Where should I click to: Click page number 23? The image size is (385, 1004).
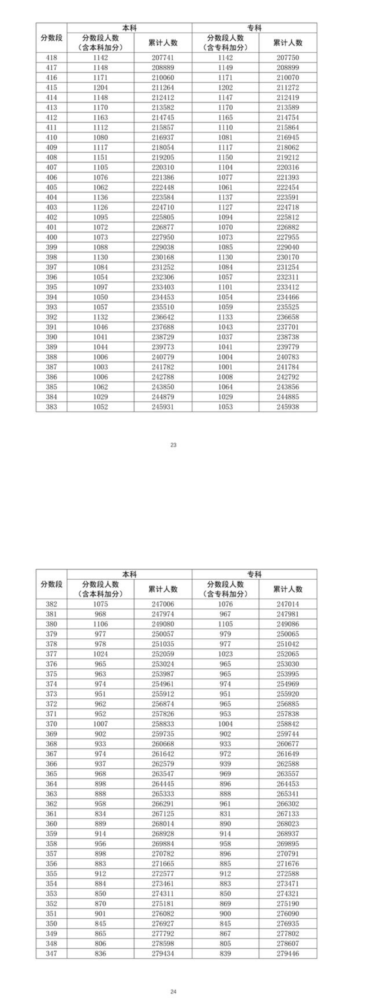(173, 445)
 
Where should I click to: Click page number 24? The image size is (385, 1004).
(173, 992)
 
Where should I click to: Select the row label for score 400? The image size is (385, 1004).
(51, 237)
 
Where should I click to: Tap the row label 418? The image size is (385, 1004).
(51, 58)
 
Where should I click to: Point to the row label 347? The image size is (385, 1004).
(51, 953)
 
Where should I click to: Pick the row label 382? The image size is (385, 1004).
(51, 604)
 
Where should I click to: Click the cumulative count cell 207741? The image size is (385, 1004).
(163, 58)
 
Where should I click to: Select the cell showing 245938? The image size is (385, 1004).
(288, 407)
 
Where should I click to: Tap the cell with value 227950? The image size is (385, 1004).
(163, 237)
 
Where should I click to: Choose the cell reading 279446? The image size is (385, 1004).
(288, 953)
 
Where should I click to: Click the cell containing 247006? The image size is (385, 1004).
(163, 604)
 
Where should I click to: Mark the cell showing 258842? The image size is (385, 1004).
(288, 724)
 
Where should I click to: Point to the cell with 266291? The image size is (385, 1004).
(163, 804)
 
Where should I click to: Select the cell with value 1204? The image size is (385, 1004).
(101, 88)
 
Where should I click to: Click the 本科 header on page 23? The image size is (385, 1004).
(130, 28)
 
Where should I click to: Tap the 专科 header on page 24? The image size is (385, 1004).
(254, 574)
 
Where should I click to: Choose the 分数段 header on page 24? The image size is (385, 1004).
(51, 584)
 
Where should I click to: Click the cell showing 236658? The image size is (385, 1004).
(288, 317)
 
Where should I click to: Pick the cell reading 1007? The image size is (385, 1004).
(101, 724)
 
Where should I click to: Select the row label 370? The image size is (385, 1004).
(51, 724)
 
